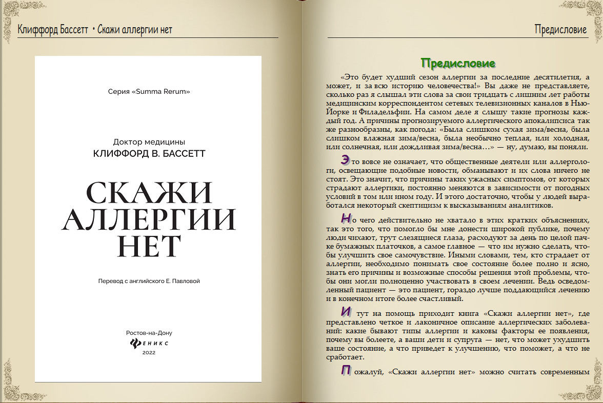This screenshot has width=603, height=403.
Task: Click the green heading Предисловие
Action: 458,63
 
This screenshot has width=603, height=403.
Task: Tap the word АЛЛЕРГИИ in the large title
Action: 149,220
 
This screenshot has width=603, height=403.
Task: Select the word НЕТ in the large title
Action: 149,247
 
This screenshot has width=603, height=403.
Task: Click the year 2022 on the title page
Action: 149,353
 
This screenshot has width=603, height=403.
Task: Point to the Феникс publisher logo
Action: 149,342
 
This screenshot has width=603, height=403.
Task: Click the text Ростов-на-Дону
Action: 149,332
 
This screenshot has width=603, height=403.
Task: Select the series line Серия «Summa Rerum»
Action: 149,92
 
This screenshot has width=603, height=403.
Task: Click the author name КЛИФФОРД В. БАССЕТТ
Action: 149,153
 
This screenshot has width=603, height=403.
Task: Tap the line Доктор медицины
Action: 149,142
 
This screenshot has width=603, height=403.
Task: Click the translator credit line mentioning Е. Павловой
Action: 149,281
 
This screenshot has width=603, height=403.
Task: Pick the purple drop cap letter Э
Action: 346,160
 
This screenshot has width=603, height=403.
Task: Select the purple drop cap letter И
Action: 346,312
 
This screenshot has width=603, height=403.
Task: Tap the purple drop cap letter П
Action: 346,371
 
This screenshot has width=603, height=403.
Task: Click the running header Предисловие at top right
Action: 560,29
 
